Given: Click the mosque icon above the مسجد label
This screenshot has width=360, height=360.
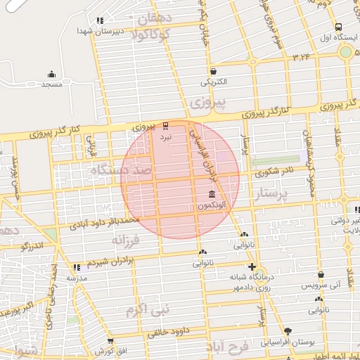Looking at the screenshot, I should (x=51, y=74).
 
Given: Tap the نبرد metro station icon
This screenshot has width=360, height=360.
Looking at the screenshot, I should (x=166, y=126).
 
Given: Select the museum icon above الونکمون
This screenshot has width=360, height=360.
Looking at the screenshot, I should (x=212, y=194).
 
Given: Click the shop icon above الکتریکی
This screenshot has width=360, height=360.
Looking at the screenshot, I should (x=212, y=71).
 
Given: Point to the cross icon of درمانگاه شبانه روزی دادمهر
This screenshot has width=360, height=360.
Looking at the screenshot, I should (x=252, y=266).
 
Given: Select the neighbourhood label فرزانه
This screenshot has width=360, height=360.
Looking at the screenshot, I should (x=127, y=240).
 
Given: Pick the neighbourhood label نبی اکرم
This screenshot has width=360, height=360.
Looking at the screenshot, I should (x=148, y=309).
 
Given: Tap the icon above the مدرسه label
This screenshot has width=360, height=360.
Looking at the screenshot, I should (x=76, y=268).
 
